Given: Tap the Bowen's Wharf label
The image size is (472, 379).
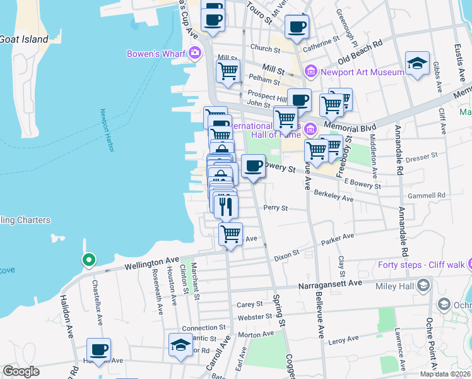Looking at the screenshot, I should pyautogui.click(x=155, y=53).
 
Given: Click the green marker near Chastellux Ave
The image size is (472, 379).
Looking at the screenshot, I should pyautogui.click(x=89, y=260).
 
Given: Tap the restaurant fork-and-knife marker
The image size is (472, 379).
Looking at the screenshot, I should pyautogui.click(x=226, y=205).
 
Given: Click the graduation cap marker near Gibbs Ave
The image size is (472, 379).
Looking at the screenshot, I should pyautogui.click(x=417, y=63).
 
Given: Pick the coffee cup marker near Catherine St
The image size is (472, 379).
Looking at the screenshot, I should pyautogui.click(x=297, y=27).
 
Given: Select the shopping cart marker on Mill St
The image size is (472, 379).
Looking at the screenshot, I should pyautogui.click(x=228, y=71).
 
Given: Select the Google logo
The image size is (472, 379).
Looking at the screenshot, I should pyautogui.click(x=21, y=371).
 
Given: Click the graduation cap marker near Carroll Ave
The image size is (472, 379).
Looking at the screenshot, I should pyautogui.click(x=180, y=345).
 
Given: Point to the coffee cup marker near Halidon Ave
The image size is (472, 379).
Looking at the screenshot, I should pyautogui.click(x=98, y=349).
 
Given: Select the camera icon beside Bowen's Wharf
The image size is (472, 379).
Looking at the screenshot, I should pyautogui.click(x=195, y=53).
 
